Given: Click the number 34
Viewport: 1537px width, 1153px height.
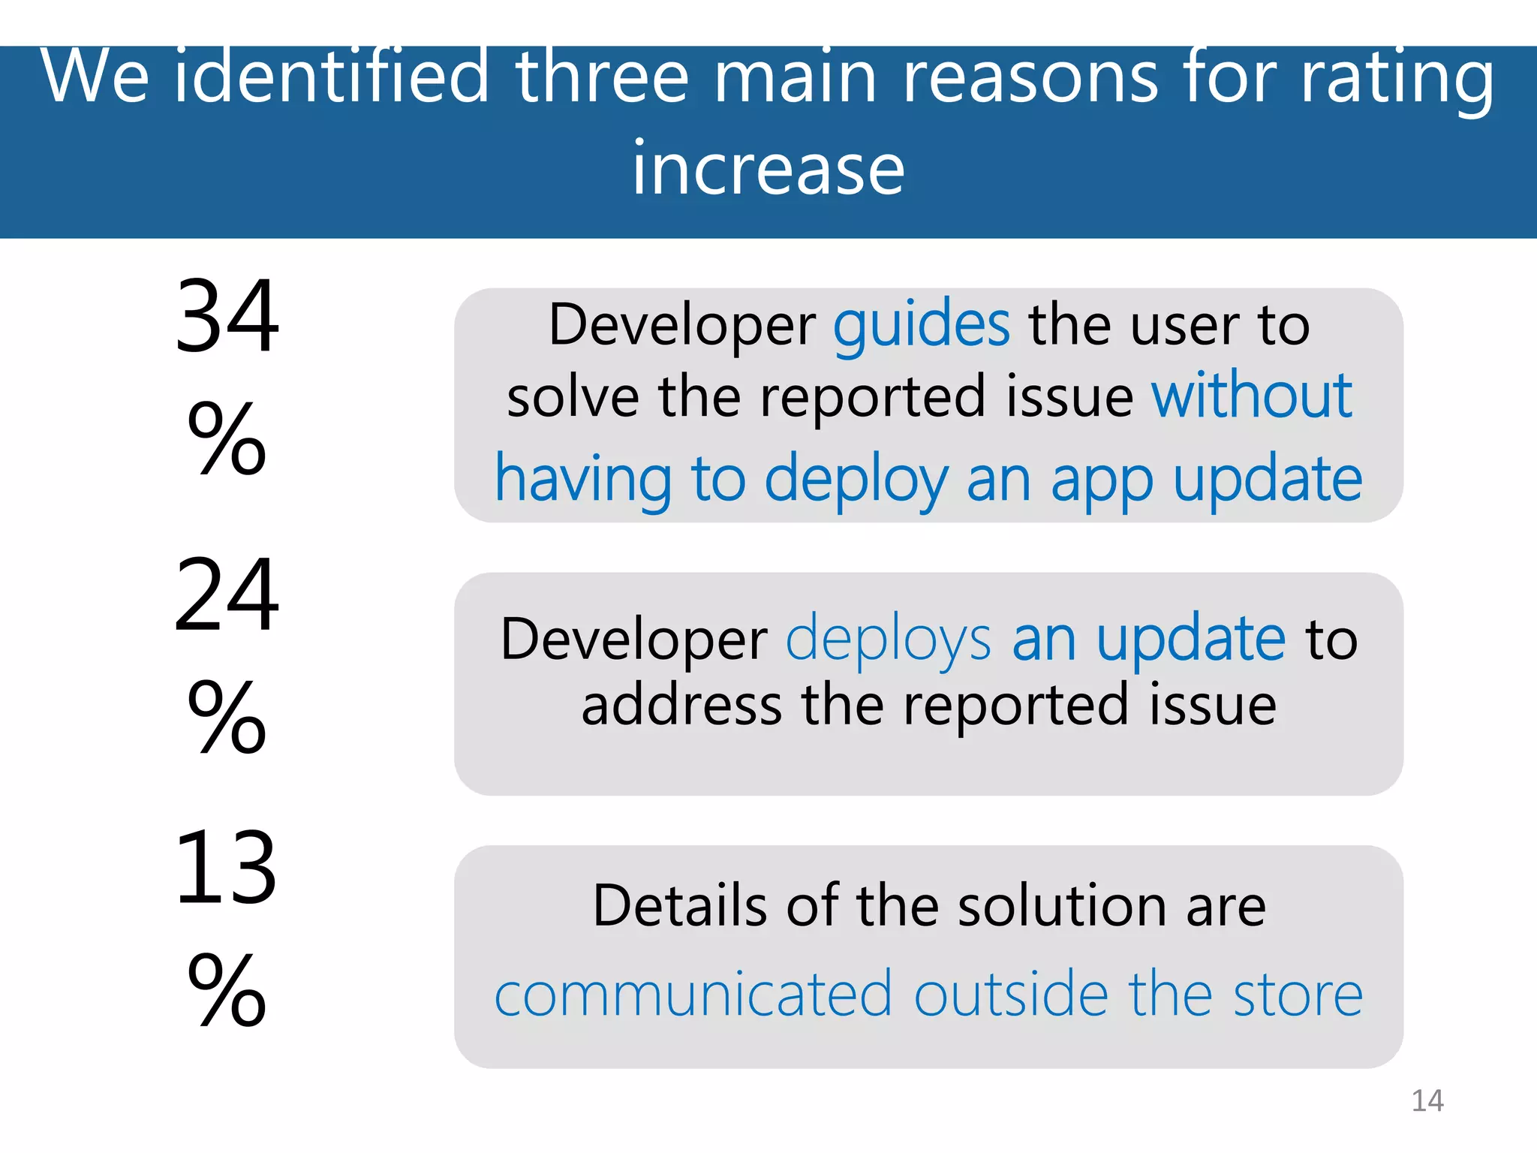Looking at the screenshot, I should (227, 316).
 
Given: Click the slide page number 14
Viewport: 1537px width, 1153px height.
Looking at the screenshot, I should (1427, 1100).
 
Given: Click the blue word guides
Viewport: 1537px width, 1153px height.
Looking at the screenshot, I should (921, 326).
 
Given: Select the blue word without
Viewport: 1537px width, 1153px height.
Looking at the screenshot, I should (1251, 396).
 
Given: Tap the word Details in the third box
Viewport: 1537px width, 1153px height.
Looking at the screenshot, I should (679, 906).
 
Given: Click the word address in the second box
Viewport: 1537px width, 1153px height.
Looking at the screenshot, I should (681, 706).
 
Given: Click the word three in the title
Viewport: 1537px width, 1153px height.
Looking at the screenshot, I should (601, 77).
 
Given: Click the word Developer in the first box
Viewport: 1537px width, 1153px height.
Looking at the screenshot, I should (681, 326).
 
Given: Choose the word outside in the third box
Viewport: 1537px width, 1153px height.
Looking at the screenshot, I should (1010, 995).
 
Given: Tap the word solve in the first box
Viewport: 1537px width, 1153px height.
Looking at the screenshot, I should (573, 397).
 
